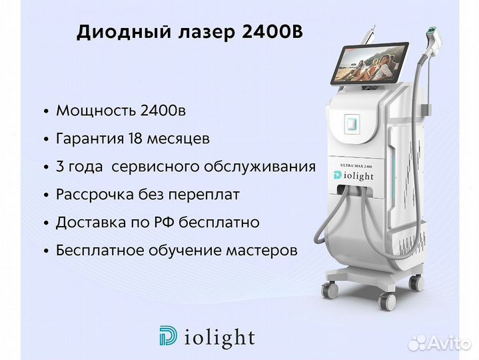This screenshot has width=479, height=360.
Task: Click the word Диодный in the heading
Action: pos(124,32)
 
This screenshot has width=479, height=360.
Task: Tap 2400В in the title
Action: pos(272,31)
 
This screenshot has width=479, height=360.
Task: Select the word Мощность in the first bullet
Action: pos(95,111)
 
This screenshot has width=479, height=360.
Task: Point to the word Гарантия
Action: pos(90,139)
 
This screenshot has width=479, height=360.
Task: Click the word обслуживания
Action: pos(260,167)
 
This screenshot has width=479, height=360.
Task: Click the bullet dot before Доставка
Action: pos(47,223)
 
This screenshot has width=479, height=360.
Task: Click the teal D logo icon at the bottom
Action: pos(168,335)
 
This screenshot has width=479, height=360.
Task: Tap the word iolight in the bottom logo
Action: pos(219,337)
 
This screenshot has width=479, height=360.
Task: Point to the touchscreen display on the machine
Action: pos(370,63)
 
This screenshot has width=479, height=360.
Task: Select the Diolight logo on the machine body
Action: pos(354,176)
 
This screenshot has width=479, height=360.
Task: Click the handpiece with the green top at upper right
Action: pos(434,38)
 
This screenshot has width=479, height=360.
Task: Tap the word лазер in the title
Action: pos(207,33)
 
